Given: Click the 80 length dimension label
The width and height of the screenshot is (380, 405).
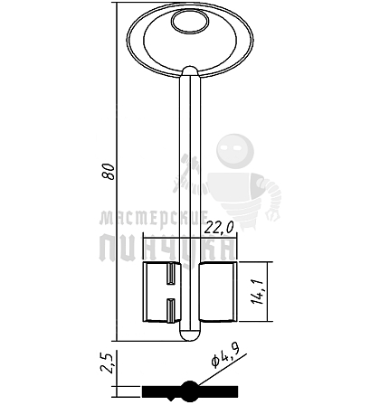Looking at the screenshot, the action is click(109, 172).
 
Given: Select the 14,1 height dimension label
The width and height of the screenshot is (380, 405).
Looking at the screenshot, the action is click(258, 291).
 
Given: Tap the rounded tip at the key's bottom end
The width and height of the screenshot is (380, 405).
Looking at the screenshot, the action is click(190, 334).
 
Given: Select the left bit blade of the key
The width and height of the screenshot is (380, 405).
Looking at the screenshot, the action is click(161, 292).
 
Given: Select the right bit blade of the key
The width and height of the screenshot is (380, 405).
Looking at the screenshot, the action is click(218, 292).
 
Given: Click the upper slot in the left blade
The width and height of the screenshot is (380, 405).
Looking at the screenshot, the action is click(171, 273).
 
